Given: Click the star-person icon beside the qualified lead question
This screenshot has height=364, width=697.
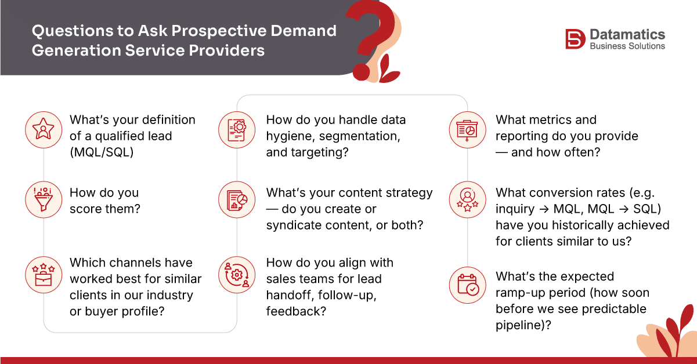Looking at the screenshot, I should click(44, 129).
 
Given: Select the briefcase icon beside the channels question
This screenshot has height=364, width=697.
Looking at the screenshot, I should click(44, 273).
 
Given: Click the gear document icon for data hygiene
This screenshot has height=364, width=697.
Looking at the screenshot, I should click(236, 129).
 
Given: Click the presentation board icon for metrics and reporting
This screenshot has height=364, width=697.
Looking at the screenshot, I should click(467, 129).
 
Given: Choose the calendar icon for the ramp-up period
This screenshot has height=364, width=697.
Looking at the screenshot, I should click(467, 285).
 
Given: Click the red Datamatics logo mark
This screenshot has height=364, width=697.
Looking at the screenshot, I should click(575, 39).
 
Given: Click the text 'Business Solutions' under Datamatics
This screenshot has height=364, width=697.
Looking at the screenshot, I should click(627, 46).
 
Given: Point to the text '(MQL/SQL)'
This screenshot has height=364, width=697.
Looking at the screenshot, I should click(101, 152).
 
